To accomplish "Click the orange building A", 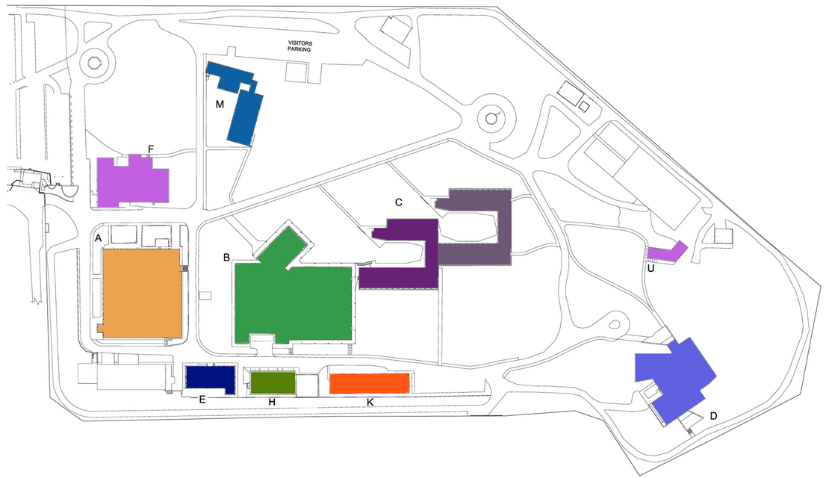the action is (x=142, y=293).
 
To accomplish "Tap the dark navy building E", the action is (x=210, y=379).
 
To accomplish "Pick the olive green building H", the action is (x=273, y=382).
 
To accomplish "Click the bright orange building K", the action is (x=370, y=383).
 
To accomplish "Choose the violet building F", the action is (x=133, y=181).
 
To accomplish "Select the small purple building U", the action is (x=667, y=252).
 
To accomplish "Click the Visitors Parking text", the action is (x=299, y=46).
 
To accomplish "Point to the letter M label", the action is (x=220, y=105).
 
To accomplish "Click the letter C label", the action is (x=399, y=202).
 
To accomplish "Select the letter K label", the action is (x=370, y=403).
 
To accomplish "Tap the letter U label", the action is (x=651, y=268).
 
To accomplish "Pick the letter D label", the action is (x=713, y=416).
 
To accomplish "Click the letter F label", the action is (x=151, y=149).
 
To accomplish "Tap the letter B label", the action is (x=226, y=258).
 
